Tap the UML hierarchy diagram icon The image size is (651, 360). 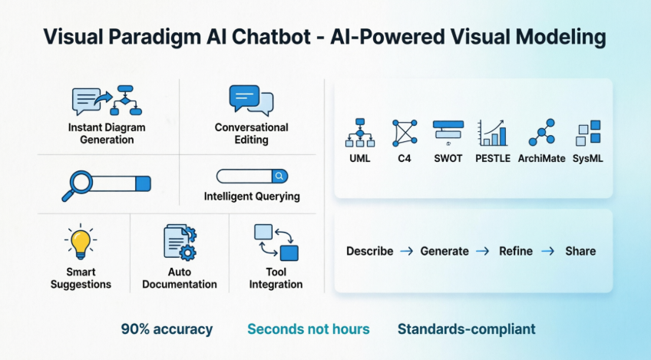[359, 133]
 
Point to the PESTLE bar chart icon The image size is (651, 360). [492, 133]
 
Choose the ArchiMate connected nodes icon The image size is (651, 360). [541, 133]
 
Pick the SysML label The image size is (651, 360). [590, 159]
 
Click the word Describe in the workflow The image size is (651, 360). [369, 251]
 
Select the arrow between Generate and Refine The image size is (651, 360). [483, 251]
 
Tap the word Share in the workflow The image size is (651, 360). [580, 251]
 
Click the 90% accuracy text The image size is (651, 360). [167, 329]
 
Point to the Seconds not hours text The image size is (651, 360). [308, 329]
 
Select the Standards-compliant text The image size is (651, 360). [466, 329]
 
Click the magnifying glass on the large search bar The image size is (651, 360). [77, 184]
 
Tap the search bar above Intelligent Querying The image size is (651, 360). [251, 176]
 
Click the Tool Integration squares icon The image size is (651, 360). [276, 242]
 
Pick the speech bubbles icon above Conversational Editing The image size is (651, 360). [250, 101]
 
